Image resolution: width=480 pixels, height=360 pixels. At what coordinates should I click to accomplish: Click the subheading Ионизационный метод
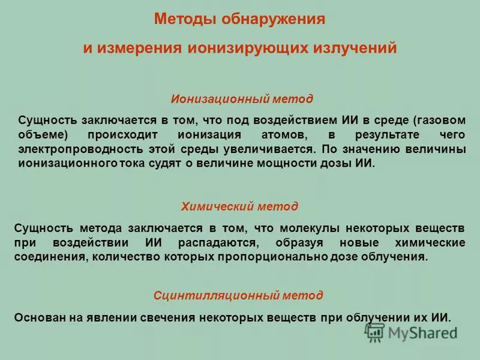tap(242, 98)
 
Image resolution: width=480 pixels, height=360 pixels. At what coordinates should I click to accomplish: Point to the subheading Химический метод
tap(239, 206)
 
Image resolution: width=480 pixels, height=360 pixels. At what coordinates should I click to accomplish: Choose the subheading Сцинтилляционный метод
tap(238, 295)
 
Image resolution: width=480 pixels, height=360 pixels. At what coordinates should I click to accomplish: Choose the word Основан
tap(37, 317)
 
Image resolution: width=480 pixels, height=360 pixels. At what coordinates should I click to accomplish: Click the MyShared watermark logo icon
tap(375, 332)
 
